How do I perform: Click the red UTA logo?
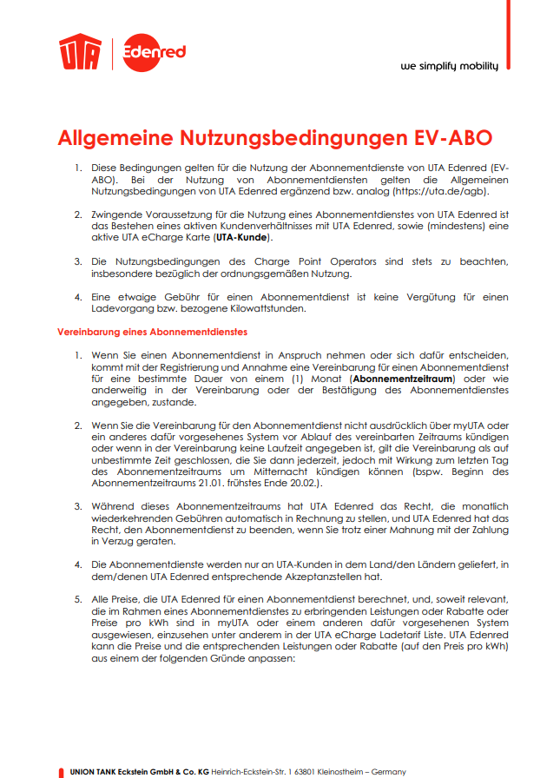(80, 53)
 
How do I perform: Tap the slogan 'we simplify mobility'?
(450, 67)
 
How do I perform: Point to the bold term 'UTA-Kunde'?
(243, 237)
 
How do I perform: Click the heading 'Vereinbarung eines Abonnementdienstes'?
(153, 332)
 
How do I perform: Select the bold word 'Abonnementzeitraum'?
(402, 379)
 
